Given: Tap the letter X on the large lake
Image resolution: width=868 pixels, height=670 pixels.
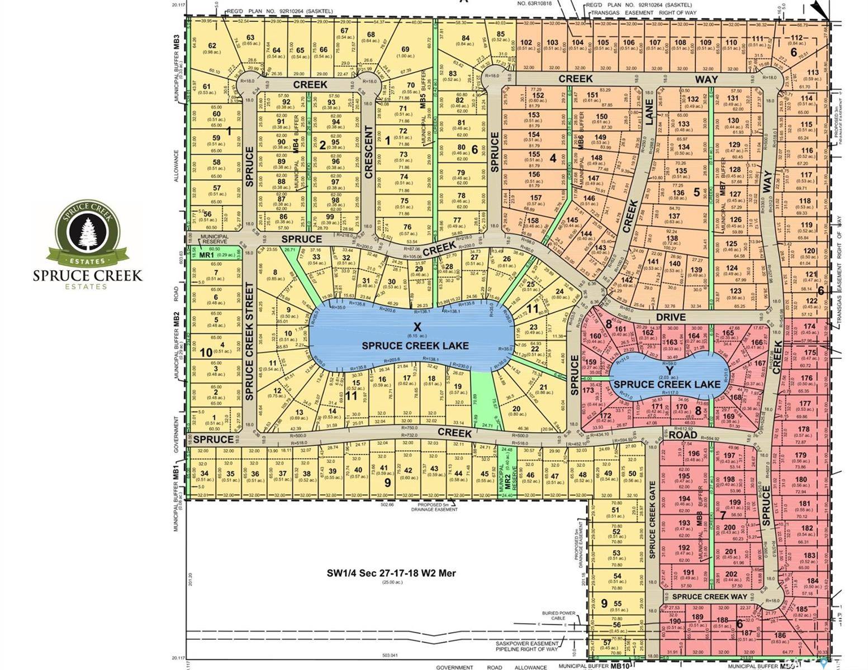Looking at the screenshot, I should click(x=415, y=327).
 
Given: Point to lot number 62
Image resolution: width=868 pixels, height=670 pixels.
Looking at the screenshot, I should click(x=212, y=46).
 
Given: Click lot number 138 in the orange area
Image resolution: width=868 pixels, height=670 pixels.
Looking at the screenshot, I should click(x=672, y=238).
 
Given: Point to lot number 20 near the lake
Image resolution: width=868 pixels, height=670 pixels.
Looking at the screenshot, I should click(x=516, y=408).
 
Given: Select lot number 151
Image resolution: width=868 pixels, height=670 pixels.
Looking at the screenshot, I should click(x=592, y=95).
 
